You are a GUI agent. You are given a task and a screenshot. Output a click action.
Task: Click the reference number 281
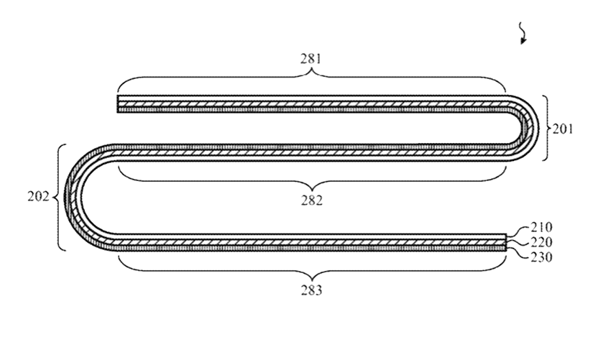coord(311,59)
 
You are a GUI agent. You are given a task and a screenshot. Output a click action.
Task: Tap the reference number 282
coord(312,200)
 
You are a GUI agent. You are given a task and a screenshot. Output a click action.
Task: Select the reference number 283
coord(312,290)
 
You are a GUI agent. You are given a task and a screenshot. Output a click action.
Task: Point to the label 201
coord(563,129)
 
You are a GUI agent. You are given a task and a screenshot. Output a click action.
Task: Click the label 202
coord(38,197)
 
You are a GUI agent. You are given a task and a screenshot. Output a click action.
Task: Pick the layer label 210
coord(542,227)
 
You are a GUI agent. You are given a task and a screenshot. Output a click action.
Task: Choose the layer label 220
coord(542,242)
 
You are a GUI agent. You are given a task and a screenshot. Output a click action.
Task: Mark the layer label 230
coord(542,257)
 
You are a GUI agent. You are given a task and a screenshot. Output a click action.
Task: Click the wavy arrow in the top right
coord(523,33)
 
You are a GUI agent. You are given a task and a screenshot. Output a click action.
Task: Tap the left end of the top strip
coord(118,103)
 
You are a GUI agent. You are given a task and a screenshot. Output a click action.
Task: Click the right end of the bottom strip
coord(506,242)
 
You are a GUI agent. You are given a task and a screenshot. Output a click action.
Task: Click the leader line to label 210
coord(519,231)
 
